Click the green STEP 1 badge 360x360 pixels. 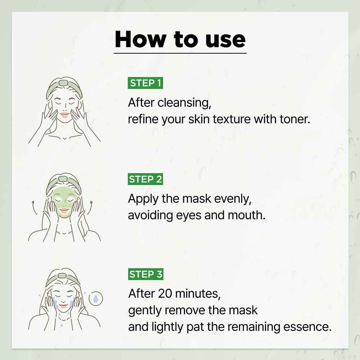click(x=145, y=83)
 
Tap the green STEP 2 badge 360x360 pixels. click(x=145, y=179)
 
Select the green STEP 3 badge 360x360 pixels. click(x=145, y=274)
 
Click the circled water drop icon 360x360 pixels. click(x=95, y=298)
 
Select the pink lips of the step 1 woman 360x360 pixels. click(x=64, y=115)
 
